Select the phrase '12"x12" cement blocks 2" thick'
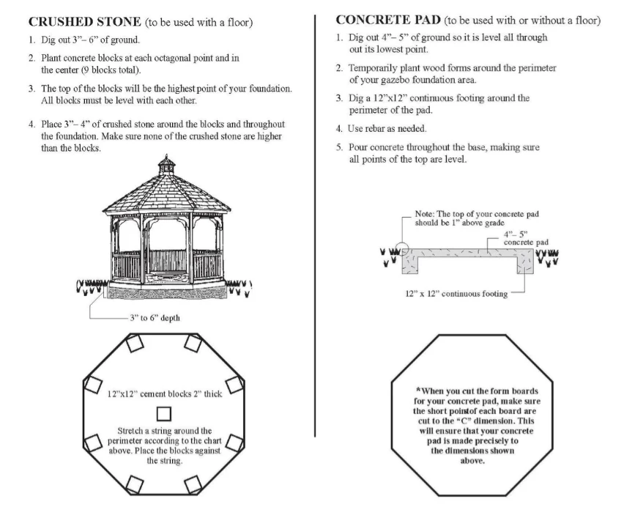point(166,391)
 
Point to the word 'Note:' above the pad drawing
point(428,213)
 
